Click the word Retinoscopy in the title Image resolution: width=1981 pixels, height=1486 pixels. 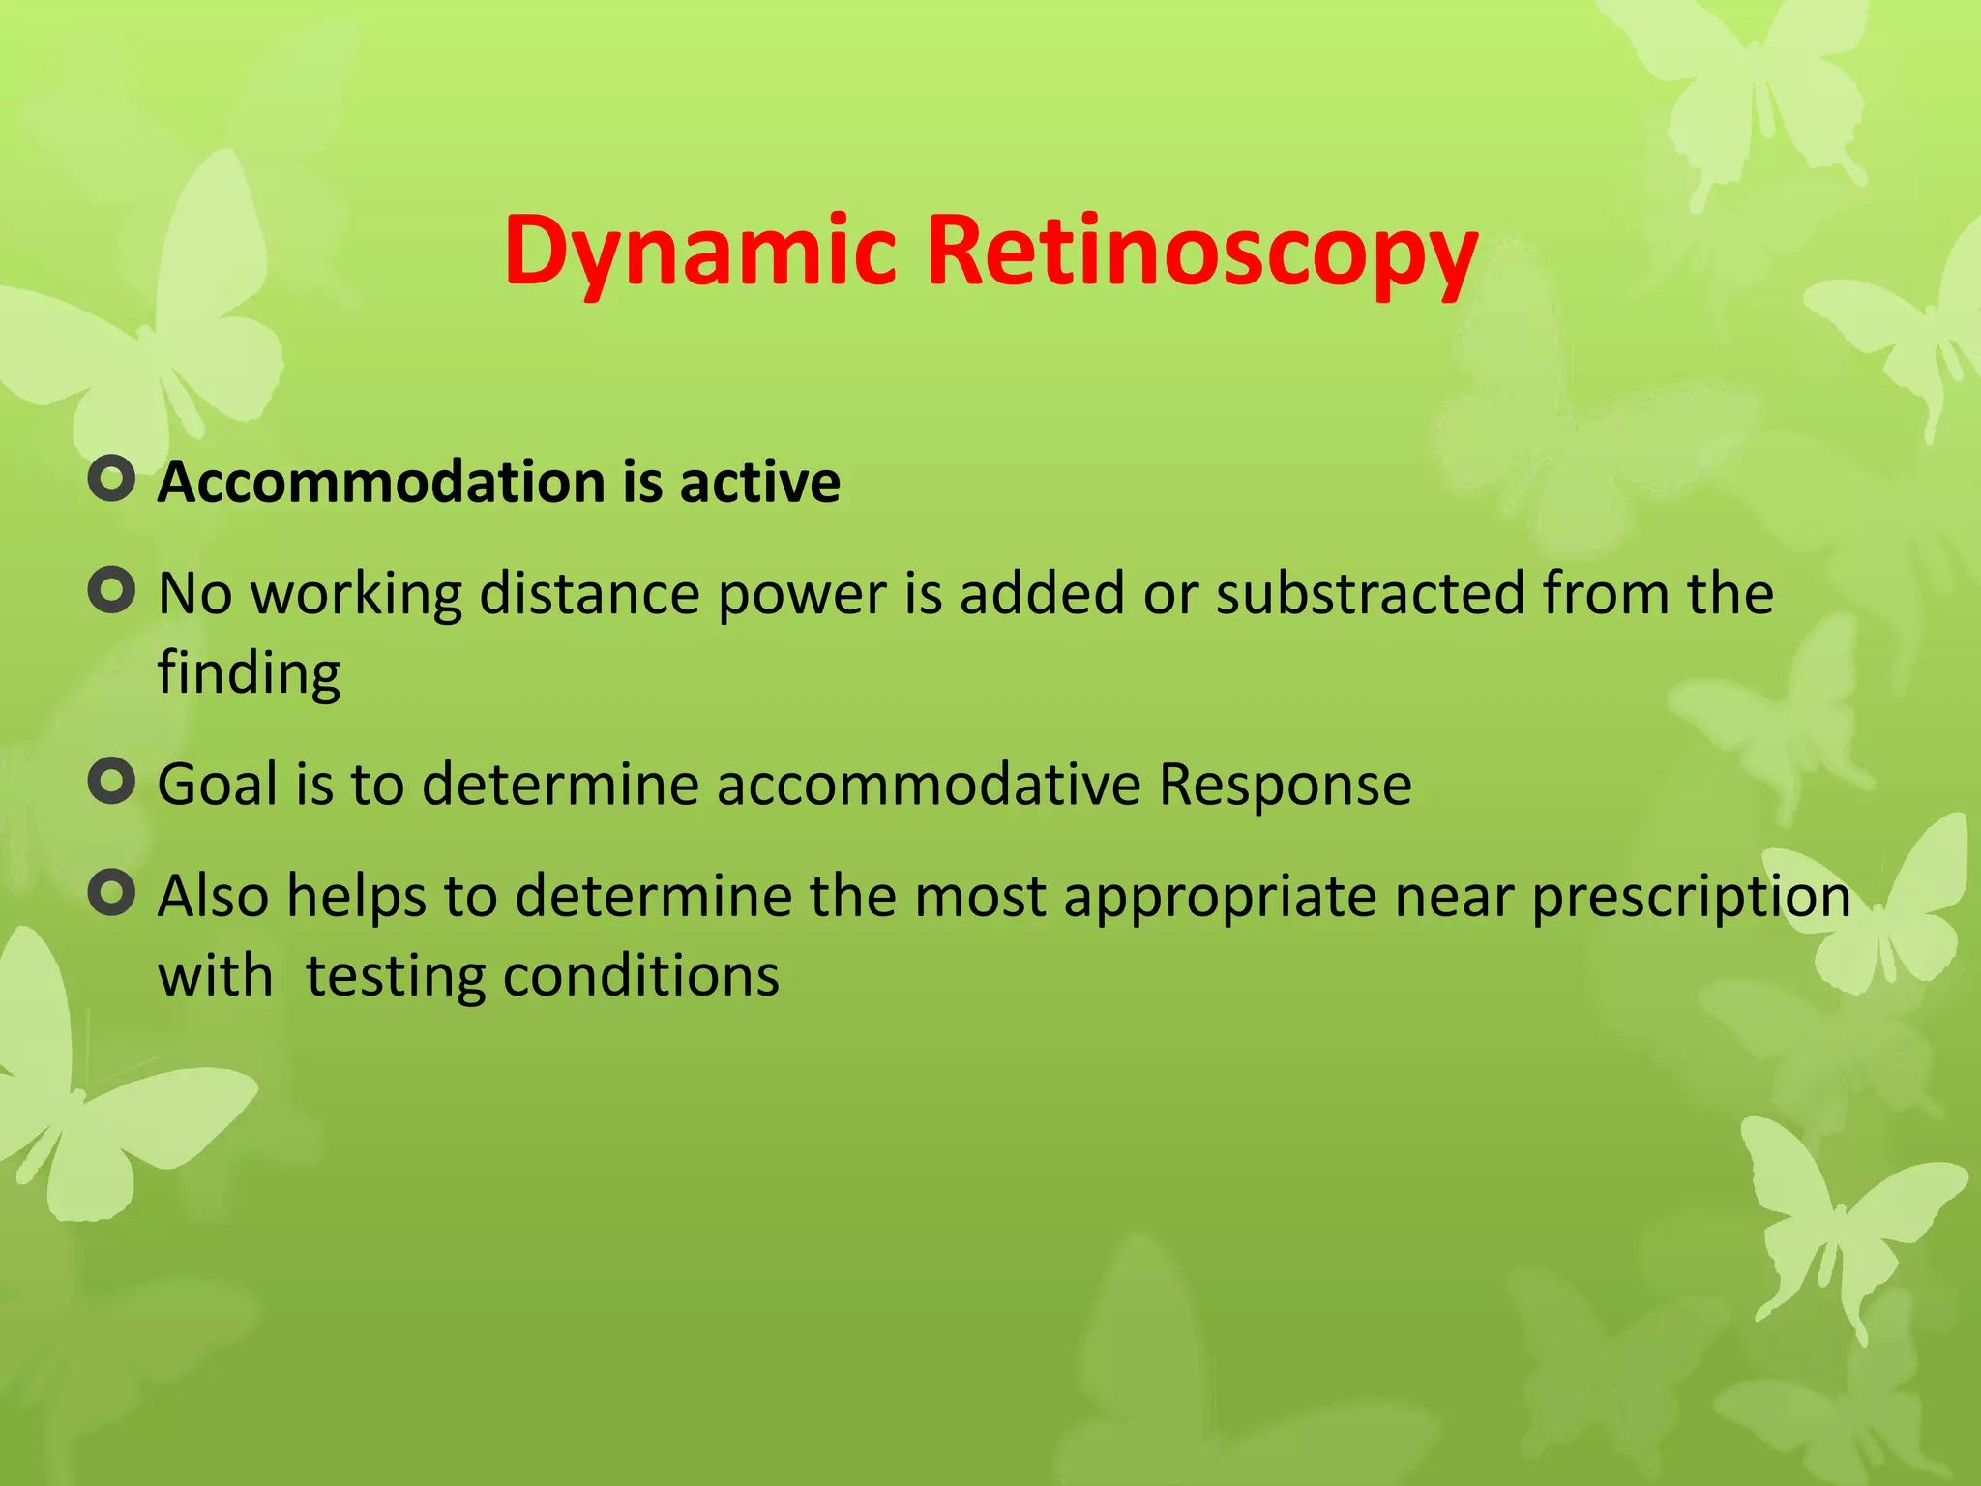coord(1202,252)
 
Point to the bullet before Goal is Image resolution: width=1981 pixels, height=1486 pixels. coord(111,781)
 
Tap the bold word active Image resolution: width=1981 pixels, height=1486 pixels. coord(760,482)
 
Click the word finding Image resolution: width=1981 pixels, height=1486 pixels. coord(249,673)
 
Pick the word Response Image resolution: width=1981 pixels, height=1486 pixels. coord(1285,784)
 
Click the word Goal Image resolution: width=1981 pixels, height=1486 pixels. coord(218,784)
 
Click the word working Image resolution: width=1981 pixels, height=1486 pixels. coord(357,594)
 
